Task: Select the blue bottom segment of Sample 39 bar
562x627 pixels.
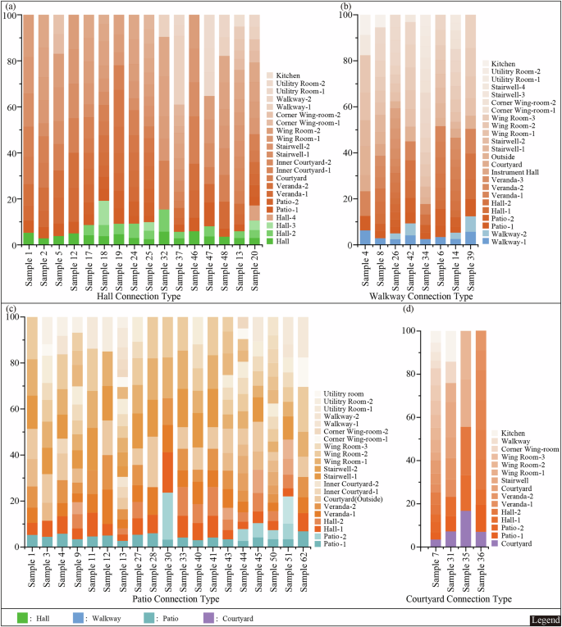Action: point(468,238)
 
